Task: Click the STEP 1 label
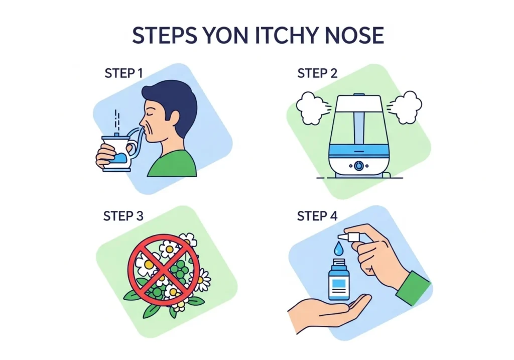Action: tap(123, 73)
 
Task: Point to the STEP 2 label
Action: tap(317, 73)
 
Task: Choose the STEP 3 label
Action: tap(123, 216)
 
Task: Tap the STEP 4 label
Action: tap(317, 216)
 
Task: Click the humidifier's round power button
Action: tap(359, 166)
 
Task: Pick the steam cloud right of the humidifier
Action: tap(406, 107)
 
